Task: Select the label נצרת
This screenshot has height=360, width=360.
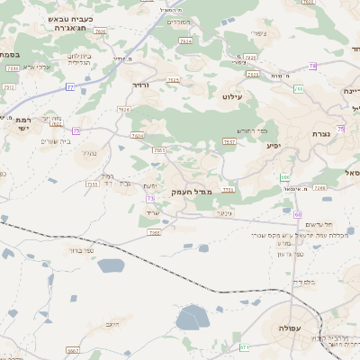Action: coord(320,133)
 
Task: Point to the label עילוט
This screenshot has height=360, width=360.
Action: coord(230,93)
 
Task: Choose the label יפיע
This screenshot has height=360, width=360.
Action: coord(274,144)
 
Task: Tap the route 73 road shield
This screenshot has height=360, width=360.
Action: coord(150,198)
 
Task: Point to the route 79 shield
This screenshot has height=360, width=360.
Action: coord(312,66)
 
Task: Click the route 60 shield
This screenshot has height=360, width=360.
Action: coord(297,214)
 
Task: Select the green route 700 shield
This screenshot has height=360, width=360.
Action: coord(297,88)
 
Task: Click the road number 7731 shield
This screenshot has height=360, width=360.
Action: coord(229,189)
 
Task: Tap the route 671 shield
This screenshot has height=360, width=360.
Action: coord(244,346)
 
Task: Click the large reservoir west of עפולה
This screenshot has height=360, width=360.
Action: coord(192,317)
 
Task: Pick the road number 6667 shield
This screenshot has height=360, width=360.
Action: coord(72,351)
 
